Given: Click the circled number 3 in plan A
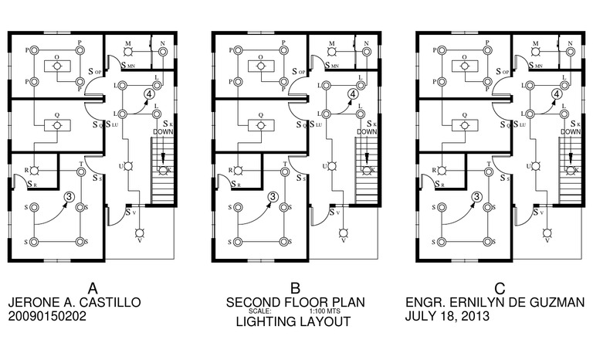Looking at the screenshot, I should (68, 197).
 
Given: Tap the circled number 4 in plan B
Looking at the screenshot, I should (353, 94).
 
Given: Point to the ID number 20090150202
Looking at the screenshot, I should (46, 317).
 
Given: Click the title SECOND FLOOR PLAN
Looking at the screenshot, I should (295, 302).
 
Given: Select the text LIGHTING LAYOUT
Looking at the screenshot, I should (295, 322).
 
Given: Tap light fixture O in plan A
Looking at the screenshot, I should (56, 67).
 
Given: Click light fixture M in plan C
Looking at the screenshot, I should (537, 52).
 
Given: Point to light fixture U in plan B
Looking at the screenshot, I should (332, 167).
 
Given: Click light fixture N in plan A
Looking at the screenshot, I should (163, 53).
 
